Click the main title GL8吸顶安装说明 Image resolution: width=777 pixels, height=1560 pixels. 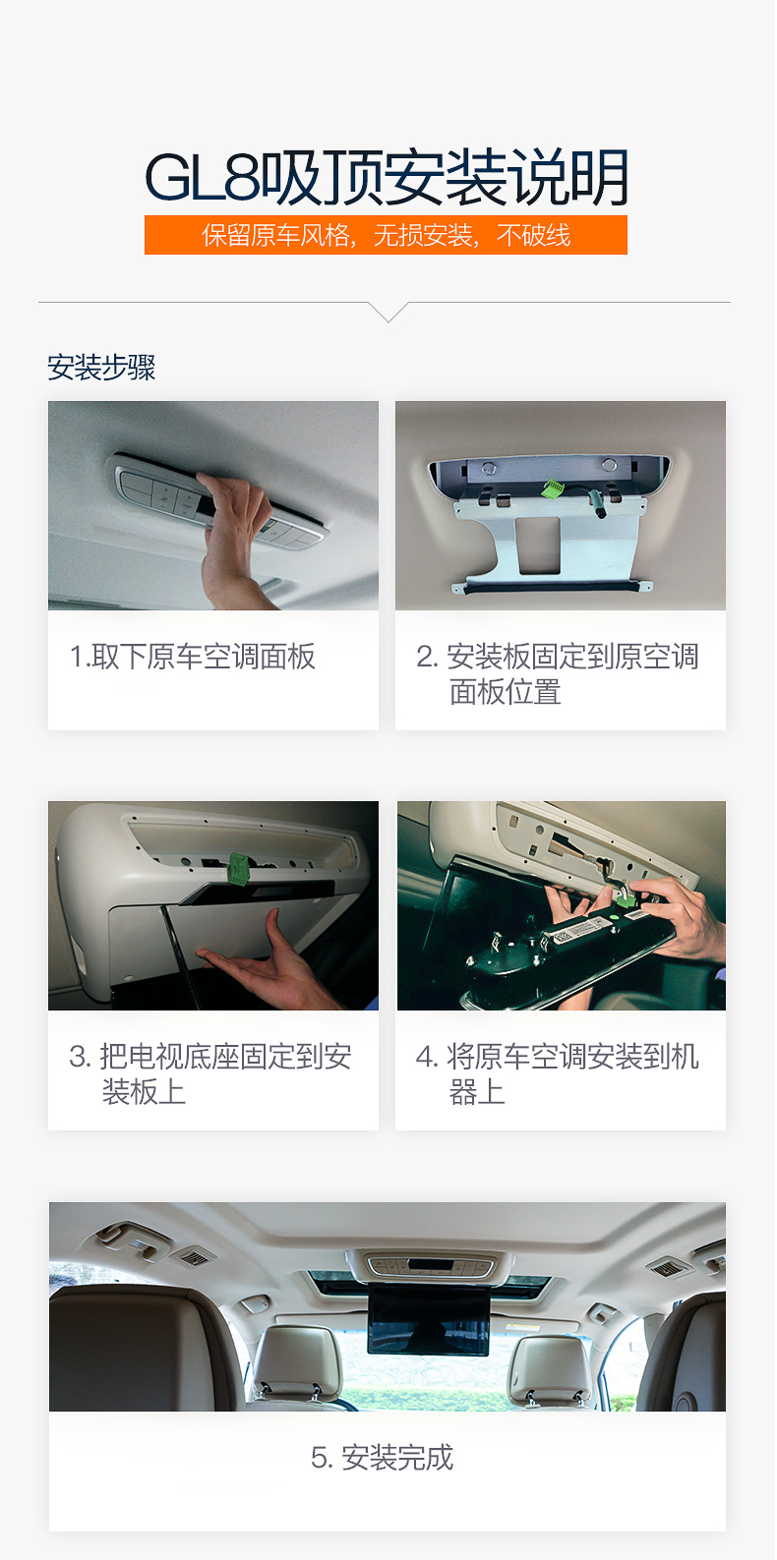387,178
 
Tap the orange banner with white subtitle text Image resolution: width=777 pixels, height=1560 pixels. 387,235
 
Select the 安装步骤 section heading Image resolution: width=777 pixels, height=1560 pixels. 101,368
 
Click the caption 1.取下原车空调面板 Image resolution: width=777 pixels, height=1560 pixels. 193,656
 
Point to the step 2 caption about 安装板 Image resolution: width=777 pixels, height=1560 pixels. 558,674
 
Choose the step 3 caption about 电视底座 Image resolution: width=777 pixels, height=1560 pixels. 210,1073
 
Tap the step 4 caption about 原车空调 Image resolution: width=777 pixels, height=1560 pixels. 558,1073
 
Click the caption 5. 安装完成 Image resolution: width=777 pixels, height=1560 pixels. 382,1457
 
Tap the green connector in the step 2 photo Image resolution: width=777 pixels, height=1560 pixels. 554,488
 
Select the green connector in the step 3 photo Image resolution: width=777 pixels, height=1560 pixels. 239,868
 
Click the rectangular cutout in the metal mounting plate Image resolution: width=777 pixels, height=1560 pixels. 540,546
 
